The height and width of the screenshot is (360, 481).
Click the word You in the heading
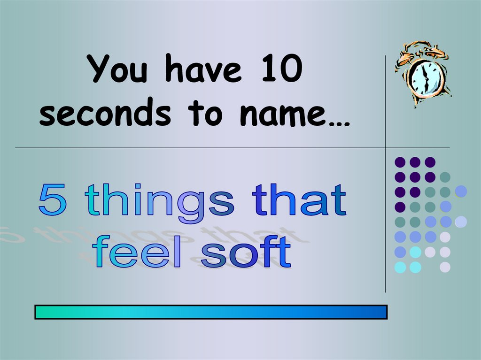tap(119, 69)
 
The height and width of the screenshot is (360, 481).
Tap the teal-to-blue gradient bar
tap(211, 312)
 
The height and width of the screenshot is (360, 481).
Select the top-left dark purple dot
tap(400, 162)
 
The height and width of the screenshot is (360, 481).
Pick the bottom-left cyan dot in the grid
tap(400, 268)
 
